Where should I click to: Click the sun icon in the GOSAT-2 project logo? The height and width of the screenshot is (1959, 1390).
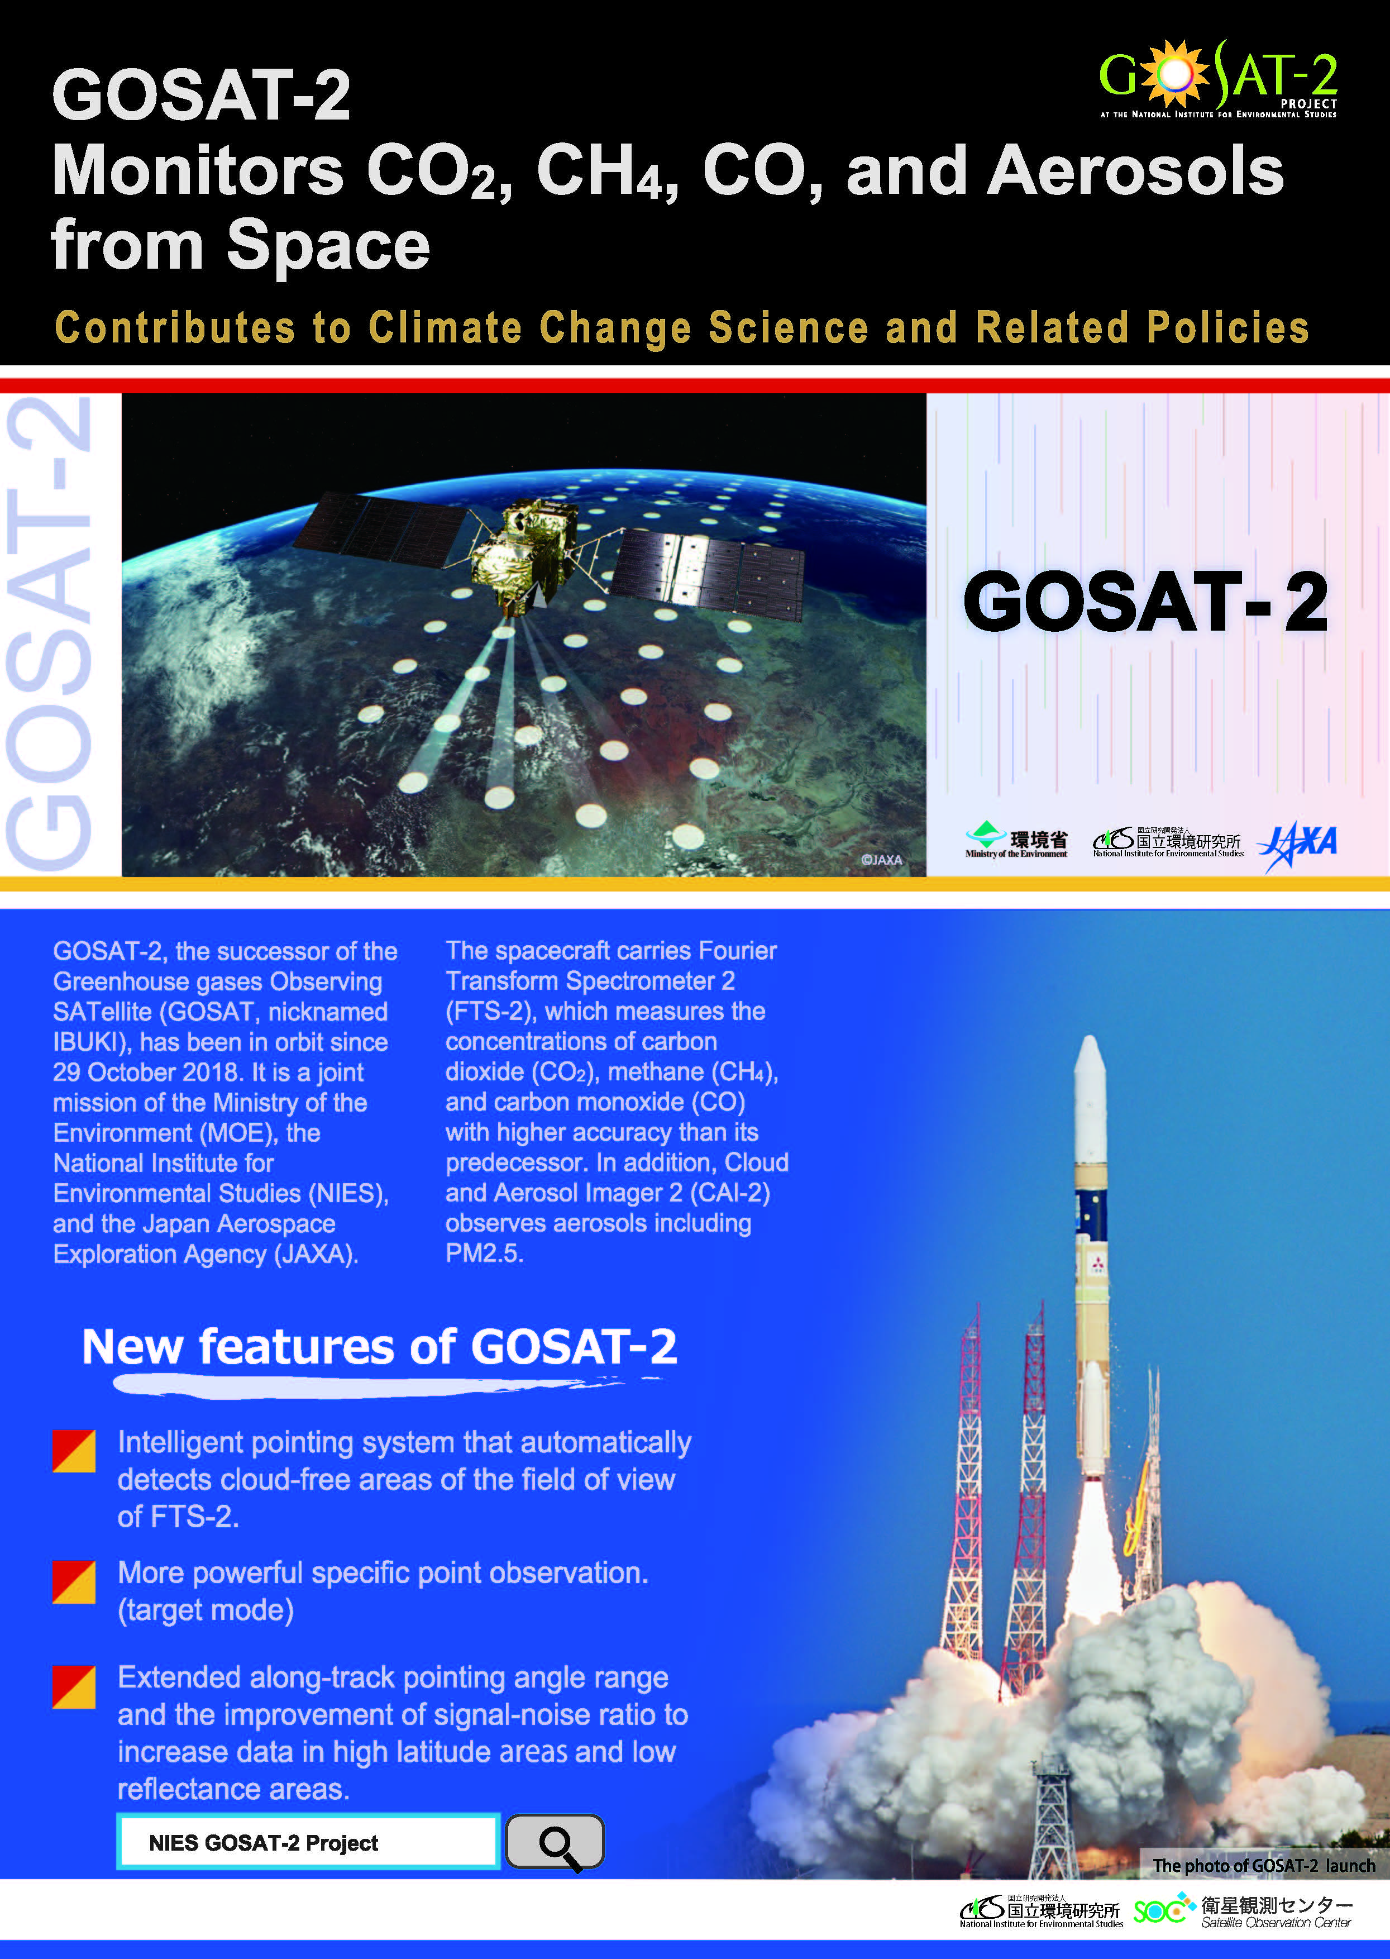pos(1175,75)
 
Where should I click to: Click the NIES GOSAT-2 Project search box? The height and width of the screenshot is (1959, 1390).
pos(308,1842)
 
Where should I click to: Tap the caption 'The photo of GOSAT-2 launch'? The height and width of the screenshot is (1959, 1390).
pos(1263,1865)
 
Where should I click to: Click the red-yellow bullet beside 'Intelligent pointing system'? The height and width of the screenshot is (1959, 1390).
pos(74,1451)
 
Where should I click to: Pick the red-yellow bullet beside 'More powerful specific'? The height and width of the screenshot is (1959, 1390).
pos(74,1581)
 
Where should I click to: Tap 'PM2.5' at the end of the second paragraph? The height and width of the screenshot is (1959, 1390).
pos(484,1253)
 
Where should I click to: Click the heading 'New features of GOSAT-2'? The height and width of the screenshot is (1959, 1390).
pos(379,1346)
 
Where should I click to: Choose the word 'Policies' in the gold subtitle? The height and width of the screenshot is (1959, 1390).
pos(1227,328)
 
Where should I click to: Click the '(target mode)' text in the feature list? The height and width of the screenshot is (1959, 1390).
pos(206,1610)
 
